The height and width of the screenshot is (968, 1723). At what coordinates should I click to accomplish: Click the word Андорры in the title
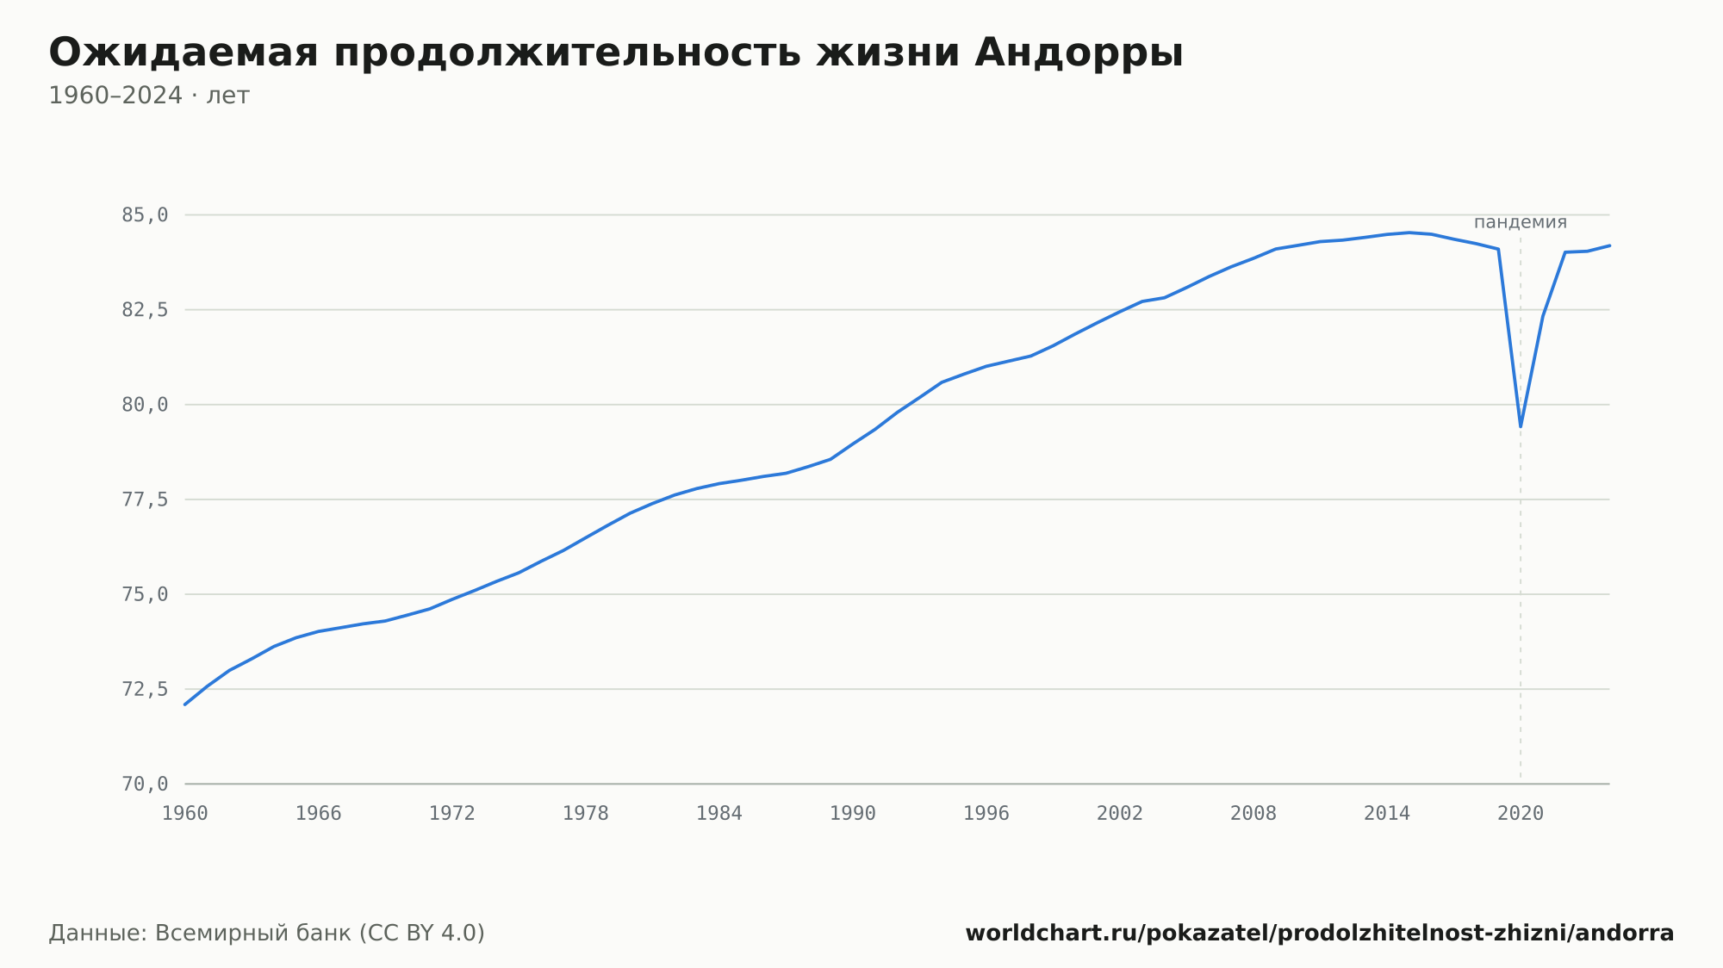(x=1079, y=53)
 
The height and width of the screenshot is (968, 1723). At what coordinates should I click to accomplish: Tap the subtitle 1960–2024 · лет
(x=149, y=96)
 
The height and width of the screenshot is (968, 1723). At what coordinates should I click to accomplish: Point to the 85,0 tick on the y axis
(x=145, y=215)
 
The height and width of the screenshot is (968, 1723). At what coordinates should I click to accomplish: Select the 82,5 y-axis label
(x=145, y=310)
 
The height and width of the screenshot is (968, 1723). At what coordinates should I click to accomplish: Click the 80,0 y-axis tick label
(x=145, y=405)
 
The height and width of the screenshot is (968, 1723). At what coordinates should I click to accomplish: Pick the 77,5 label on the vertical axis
(x=145, y=500)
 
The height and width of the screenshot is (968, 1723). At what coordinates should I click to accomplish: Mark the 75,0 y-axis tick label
(x=145, y=594)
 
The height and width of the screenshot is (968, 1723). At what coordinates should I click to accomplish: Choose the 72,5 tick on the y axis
(x=145, y=689)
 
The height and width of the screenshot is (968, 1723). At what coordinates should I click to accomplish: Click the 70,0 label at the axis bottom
(x=145, y=784)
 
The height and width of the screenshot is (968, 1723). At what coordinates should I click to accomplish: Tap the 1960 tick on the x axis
(x=185, y=814)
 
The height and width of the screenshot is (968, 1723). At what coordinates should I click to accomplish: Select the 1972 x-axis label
(x=452, y=814)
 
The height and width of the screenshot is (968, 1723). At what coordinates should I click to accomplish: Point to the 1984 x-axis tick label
(x=719, y=814)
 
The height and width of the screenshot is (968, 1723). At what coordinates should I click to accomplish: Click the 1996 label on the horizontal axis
(x=986, y=814)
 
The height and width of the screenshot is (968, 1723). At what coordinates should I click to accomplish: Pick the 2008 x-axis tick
(x=1253, y=814)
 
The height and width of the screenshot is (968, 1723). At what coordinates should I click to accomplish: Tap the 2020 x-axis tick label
(x=1521, y=814)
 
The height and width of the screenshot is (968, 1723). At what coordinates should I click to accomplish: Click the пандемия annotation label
(x=1521, y=222)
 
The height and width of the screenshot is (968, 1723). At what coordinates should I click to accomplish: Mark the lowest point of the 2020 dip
(x=1521, y=426)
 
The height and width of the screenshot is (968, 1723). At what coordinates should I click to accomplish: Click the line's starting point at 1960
(x=185, y=704)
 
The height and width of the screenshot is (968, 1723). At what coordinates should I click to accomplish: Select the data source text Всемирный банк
(x=253, y=933)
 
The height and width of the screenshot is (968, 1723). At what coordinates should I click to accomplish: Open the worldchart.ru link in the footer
(x=1320, y=933)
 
